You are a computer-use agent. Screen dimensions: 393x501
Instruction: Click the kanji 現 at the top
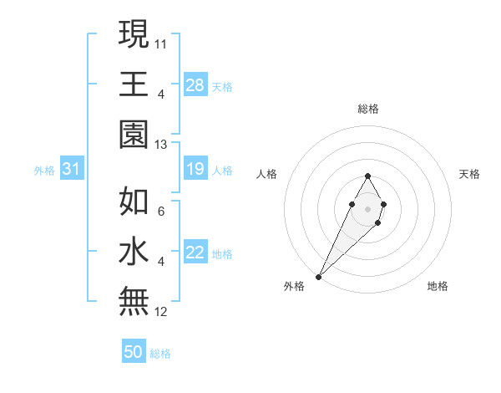[134, 35]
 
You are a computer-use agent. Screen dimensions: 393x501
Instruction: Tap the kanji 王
[134, 84]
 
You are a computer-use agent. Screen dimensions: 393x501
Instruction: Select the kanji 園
[134, 132]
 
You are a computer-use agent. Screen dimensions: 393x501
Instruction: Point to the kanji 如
[134, 203]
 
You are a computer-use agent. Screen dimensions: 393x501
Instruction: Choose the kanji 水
[134, 252]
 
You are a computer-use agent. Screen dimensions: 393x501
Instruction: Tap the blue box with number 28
[195, 85]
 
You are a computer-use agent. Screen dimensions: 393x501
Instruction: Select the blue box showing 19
[195, 170]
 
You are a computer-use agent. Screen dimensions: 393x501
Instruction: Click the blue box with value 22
[195, 253]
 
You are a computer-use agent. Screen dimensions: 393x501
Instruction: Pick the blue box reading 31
[72, 170]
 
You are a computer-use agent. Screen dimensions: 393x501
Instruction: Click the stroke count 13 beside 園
[162, 145]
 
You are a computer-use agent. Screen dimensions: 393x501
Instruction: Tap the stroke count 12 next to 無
[162, 312]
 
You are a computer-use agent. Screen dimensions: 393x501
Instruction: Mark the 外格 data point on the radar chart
[318, 276]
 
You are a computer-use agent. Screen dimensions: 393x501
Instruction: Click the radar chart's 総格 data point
[367, 176]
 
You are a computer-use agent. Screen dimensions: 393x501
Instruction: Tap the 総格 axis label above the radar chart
[367, 109]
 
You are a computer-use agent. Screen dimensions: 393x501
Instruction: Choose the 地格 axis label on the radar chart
[438, 287]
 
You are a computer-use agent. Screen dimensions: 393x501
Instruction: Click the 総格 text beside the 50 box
[160, 354]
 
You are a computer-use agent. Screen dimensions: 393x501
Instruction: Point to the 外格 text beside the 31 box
[44, 171]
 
